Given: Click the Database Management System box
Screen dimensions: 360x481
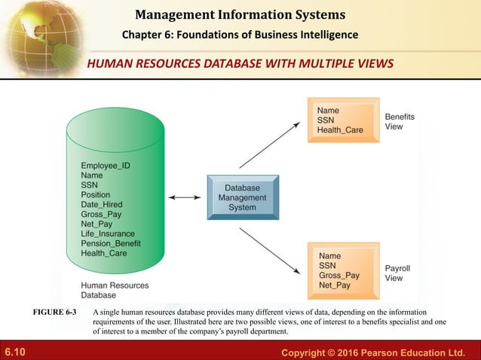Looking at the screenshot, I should (237, 197).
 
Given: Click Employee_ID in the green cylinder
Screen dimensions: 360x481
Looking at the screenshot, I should (109, 165).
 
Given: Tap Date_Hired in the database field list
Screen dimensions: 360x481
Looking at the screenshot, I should (102, 204).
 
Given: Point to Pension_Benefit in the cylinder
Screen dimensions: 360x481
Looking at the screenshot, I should (111, 243).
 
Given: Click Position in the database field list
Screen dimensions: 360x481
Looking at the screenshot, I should (96, 194).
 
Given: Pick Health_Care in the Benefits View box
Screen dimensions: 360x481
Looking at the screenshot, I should (340, 130).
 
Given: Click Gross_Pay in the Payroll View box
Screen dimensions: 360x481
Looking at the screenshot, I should (339, 276).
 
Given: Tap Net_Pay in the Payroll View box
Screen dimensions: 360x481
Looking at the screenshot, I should (335, 285).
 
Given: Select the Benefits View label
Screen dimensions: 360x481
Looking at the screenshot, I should (400, 122).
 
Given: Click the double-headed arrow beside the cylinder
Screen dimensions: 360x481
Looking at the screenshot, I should (184, 197).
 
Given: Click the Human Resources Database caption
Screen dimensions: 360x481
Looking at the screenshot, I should (115, 291).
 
